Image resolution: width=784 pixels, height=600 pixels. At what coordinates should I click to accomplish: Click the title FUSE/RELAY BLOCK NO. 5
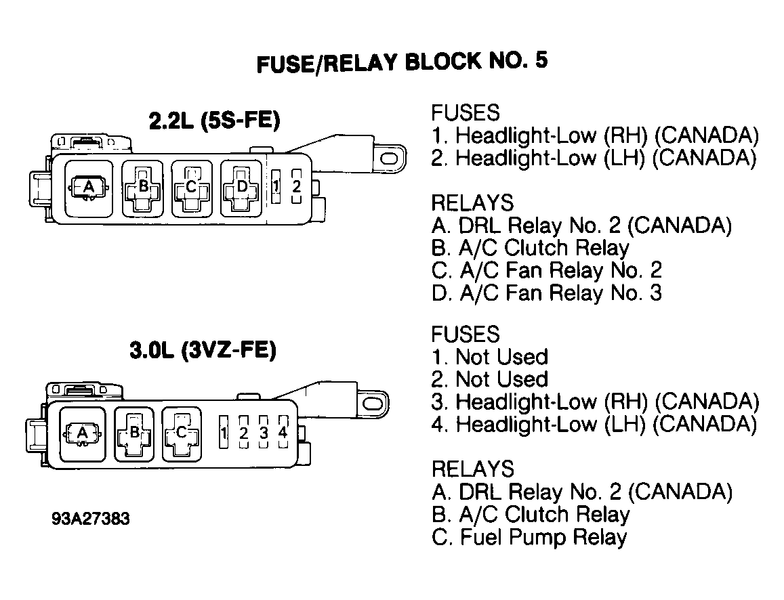pos(402,62)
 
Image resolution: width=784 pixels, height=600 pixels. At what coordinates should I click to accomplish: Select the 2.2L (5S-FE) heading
pos(215,121)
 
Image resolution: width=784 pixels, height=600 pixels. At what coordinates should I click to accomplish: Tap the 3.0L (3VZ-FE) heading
pos(203,349)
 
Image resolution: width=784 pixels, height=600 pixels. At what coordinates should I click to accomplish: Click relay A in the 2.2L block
pos(89,188)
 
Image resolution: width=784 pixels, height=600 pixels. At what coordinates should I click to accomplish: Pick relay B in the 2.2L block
pos(143,188)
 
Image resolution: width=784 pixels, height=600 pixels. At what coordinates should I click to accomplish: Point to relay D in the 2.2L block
pos(241,188)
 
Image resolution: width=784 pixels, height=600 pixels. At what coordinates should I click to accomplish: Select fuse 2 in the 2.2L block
pos(297,186)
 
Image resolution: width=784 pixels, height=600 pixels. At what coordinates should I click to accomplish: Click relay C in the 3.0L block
pos(182,433)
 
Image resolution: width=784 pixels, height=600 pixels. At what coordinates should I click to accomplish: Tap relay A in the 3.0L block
pos(83,433)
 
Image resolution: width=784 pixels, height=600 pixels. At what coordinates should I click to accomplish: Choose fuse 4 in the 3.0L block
pos(283,431)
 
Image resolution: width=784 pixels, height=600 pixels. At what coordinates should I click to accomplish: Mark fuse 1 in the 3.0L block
pos(224,431)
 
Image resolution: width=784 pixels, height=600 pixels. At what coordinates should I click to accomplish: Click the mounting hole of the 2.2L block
pos(390,159)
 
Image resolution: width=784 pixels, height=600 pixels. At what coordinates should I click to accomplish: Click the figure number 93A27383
pos(91,519)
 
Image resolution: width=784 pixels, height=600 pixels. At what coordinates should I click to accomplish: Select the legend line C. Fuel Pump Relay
pos(529,537)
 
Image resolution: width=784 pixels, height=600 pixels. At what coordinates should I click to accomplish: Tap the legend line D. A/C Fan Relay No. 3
pos(547,293)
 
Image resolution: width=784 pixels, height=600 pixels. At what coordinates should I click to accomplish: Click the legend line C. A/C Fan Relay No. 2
pos(547,270)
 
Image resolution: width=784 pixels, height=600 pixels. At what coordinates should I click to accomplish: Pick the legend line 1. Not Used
pos(490,357)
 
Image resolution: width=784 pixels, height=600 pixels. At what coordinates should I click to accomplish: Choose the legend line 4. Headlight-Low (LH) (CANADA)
pos(594,424)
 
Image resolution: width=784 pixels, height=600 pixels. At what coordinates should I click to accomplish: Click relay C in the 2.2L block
pos(192,188)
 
